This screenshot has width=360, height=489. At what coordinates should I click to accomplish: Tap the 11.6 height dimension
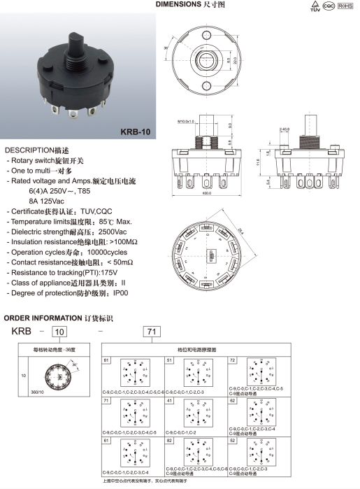point(259,162)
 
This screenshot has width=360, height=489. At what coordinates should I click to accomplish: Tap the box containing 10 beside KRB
point(60,331)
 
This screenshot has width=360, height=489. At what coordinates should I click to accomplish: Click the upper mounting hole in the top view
point(209,36)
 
